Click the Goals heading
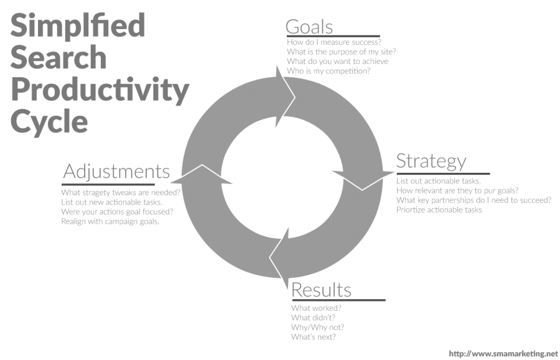coord(309,27)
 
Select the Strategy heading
coord(431,161)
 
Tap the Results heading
coord(322,290)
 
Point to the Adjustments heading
coord(116,172)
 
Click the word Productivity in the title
coord(100,90)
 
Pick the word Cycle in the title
coord(49,122)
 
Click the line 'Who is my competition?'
coord(329,71)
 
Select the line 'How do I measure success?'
coord(334,42)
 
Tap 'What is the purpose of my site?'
coord(342,52)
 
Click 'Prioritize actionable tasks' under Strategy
coord(439,210)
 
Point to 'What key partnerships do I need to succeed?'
coord(474,200)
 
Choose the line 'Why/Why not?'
coord(317,327)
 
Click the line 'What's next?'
coord(313,337)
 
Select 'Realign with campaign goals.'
coord(110,221)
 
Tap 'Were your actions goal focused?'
coord(117,211)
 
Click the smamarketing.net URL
coord(503,354)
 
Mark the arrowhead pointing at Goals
coord(286,97)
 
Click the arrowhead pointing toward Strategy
coord(363,180)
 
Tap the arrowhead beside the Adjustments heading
coord(202,175)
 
